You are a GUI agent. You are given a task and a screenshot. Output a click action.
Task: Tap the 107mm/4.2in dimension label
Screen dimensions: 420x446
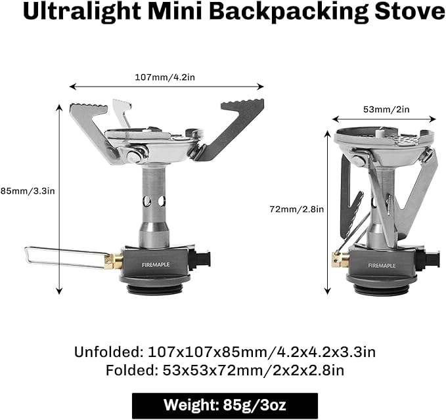point(166,77)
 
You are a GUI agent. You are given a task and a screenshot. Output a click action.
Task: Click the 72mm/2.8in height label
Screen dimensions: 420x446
point(296,209)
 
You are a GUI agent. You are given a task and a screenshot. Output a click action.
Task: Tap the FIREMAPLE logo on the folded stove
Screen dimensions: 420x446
point(382,266)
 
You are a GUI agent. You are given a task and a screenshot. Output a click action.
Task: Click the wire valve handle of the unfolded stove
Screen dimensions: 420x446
point(62,257)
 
